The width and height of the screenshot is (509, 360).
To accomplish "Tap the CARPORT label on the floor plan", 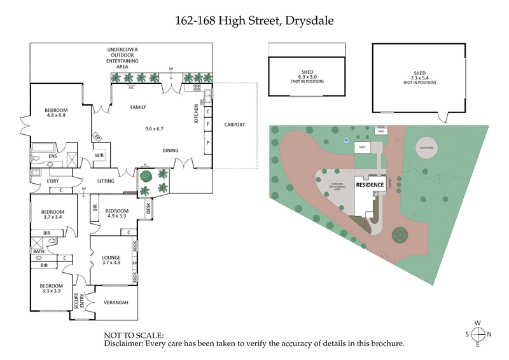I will click(x=234, y=125).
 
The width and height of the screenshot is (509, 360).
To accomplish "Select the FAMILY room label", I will click(x=138, y=107).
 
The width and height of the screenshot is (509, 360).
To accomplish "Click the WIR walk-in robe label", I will click(x=99, y=155).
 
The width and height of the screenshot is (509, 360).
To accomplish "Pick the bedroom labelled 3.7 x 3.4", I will click(x=52, y=214).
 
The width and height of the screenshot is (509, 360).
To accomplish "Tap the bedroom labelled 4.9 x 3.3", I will click(x=116, y=214).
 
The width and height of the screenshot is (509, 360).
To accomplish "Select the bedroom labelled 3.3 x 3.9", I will click(x=50, y=289).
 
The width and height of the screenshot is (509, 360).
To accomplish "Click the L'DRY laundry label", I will click(x=53, y=181).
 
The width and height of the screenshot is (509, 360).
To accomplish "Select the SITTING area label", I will click(x=106, y=181).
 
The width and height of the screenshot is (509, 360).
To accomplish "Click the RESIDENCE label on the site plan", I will click(x=369, y=184).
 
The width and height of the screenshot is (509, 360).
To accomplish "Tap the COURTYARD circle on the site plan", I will click(x=426, y=147).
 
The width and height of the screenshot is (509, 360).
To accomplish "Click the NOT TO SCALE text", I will click(x=133, y=335).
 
